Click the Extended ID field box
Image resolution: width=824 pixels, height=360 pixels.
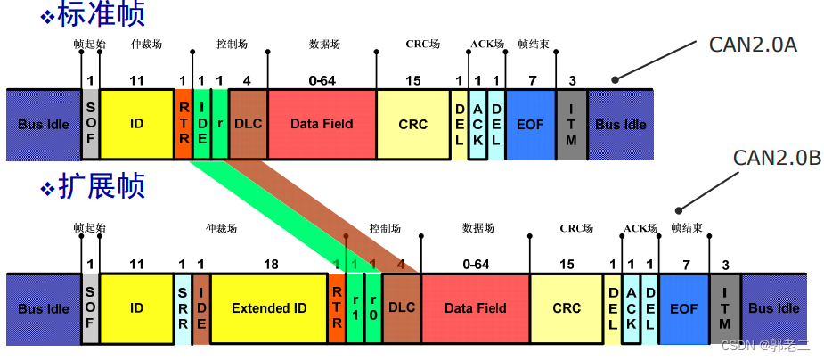pyautogui.click(x=269, y=308)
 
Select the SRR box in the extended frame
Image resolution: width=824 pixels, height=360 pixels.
pyautogui.click(x=182, y=308)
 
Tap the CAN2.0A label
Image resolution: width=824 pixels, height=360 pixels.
pyautogui.click(x=753, y=45)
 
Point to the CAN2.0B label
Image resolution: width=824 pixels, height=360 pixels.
pyautogui.click(x=777, y=158)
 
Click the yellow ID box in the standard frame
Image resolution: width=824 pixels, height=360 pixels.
pyautogui.click(x=136, y=124)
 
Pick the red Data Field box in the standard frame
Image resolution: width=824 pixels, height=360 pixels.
pyautogui.click(x=322, y=124)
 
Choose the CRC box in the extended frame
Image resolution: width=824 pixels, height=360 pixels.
pyautogui.click(x=567, y=308)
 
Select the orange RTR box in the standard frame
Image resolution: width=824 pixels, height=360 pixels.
pyautogui.click(x=183, y=124)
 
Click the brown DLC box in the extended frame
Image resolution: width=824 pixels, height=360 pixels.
pyautogui.click(x=401, y=308)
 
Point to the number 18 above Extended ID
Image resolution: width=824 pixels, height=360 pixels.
pyautogui.click(x=271, y=265)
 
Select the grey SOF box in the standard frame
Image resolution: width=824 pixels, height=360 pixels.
pyautogui.click(x=90, y=124)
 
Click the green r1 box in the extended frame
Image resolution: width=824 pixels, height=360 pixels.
pyautogui.click(x=355, y=308)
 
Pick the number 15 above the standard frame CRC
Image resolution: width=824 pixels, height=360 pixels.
pyautogui.click(x=412, y=81)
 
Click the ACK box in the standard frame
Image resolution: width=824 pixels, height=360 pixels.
pyautogui.click(x=477, y=124)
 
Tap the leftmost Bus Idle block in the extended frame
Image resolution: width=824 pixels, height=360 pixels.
pyautogui.click(x=44, y=308)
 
